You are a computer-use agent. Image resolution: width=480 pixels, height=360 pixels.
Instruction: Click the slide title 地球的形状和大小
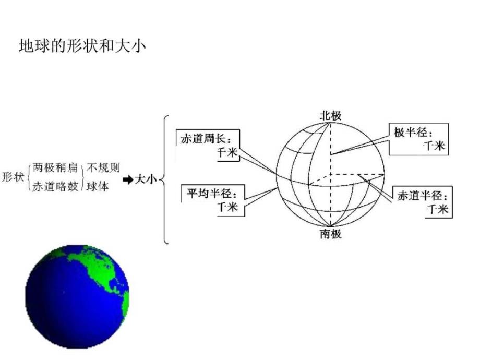pos(82,46)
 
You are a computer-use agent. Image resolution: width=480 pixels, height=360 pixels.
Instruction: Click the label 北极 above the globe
pos(331,116)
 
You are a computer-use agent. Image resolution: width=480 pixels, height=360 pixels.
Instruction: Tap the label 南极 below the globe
pos(331,234)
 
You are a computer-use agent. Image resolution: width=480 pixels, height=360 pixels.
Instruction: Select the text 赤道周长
pos(203,139)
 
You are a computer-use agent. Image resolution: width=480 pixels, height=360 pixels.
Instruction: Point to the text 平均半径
pos(209,194)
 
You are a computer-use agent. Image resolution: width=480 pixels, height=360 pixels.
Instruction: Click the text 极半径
pos(410,132)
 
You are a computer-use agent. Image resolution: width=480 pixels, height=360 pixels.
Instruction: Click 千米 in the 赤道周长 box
pos(227,152)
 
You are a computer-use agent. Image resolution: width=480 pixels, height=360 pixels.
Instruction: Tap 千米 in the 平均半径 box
pos(228,207)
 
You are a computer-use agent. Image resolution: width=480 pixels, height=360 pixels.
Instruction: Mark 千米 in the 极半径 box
pos(435,146)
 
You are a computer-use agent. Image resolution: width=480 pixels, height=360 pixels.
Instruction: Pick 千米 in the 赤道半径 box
pos(438,209)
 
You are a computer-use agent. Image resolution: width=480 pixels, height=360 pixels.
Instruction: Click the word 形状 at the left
pos(13,177)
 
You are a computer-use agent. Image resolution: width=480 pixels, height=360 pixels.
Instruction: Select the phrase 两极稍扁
pos(55,168)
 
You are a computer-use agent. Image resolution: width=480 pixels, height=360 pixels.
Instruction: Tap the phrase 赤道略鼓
pos(55,186)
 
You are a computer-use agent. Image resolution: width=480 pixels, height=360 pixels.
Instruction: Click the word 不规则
pos(103,167)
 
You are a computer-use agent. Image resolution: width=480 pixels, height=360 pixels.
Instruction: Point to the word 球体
pos(98,186)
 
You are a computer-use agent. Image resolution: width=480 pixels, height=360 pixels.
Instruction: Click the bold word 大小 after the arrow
pos(146,179)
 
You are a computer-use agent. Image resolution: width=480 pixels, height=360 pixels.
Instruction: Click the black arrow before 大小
pos(128,179)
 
